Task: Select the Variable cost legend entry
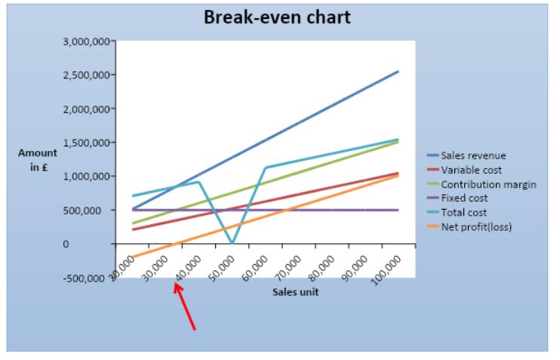coord(470,169)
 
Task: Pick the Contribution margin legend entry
coord(481,183)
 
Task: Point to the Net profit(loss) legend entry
coord(475,226)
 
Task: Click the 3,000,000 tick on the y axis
coord(85,41)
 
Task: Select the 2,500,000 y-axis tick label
coord(85,75)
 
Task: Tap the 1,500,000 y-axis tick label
coord(85,143)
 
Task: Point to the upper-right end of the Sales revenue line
coord(398,72)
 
